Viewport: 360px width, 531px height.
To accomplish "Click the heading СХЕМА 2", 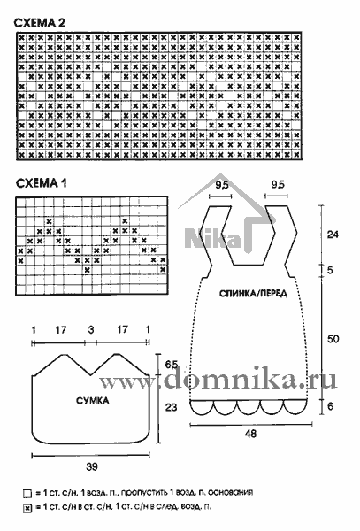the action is [39, 23].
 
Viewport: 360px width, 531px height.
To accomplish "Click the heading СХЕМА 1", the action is [42, 183].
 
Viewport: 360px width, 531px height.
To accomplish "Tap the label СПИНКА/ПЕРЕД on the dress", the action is [254, 293].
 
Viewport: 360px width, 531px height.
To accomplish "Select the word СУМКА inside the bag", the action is [92, 401].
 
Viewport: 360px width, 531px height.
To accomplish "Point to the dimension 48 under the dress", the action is [250, 434].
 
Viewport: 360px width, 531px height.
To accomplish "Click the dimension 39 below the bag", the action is [92, 466].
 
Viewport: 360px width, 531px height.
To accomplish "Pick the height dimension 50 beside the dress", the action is [333, 339].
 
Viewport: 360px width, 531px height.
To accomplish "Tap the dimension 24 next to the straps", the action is [333, 235].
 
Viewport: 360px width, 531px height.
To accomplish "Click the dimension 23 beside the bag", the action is [172, 407].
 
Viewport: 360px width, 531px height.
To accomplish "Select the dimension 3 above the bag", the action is [91, 329].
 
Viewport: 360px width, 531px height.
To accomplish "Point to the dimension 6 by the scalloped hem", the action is [331, 405].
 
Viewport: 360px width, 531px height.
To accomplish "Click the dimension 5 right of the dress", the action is [330, 270].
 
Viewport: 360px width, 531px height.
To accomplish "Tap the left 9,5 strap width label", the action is [222, 185].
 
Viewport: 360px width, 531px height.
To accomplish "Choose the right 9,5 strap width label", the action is [278, 185].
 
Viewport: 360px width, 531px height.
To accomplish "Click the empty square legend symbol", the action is [27, 494].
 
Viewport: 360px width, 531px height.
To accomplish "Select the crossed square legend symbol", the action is [27, 508].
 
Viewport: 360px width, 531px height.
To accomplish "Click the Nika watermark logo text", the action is [212, 238].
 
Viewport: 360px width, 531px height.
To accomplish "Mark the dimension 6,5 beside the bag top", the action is [172, 365].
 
